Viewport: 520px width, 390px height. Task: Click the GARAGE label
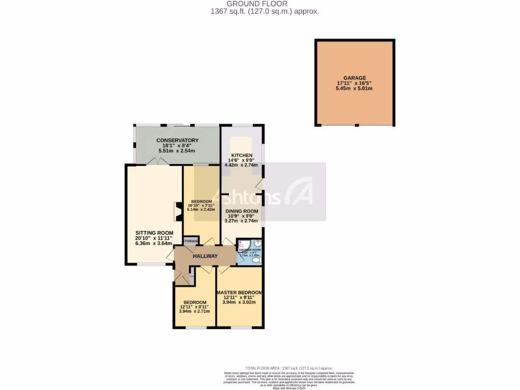(354, 78)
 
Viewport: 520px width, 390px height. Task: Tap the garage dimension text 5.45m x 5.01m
(354, 88)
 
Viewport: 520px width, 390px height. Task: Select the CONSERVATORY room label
(177, 140)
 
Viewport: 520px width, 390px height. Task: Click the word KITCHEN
(241, 155)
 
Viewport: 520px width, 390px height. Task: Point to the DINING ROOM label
(242, 211)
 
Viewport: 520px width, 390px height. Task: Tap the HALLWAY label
(205, 256)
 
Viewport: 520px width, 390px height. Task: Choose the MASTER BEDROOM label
(239, 293)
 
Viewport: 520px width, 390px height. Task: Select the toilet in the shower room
(257, 261)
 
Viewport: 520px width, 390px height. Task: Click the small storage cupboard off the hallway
(190, 241)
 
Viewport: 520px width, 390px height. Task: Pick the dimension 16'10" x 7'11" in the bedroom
(201, 205)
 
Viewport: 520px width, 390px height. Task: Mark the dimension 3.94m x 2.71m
(194, 311)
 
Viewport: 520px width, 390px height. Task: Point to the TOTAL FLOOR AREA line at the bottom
(289, 368)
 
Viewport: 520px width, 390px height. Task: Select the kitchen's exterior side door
(259, 184)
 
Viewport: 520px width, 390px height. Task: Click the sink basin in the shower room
(257, 244)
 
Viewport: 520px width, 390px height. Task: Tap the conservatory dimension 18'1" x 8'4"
(177, 146)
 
